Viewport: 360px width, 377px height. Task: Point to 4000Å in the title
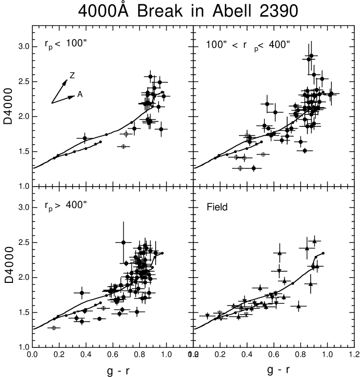click(x=104, y=10)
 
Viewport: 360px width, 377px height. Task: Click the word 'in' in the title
click(x=197, y=11)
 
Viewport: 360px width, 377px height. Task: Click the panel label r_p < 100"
click(x=68, y=44)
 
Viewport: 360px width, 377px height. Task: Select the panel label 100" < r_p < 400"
click(x=248, y=46)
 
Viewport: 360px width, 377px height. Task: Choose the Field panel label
click(x=217, y=207)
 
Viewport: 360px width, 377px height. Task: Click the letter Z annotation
click(x=72, y=75)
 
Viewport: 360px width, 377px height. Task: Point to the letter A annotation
click(x=80, y=94)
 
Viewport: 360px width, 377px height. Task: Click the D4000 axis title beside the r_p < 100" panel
click(x=8, y=106)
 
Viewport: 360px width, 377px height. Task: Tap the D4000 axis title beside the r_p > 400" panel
click(x=9, y=265)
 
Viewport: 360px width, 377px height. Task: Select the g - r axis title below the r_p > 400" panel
click(x=118, y=371)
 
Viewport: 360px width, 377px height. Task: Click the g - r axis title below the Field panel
click(x=278, y=369)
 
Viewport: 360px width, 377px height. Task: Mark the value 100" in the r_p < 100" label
click(x=76, y=43)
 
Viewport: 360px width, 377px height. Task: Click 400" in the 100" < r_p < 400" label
click(x=279, y=45)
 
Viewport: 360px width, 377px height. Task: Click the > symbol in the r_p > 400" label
click(x=58, y=205)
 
